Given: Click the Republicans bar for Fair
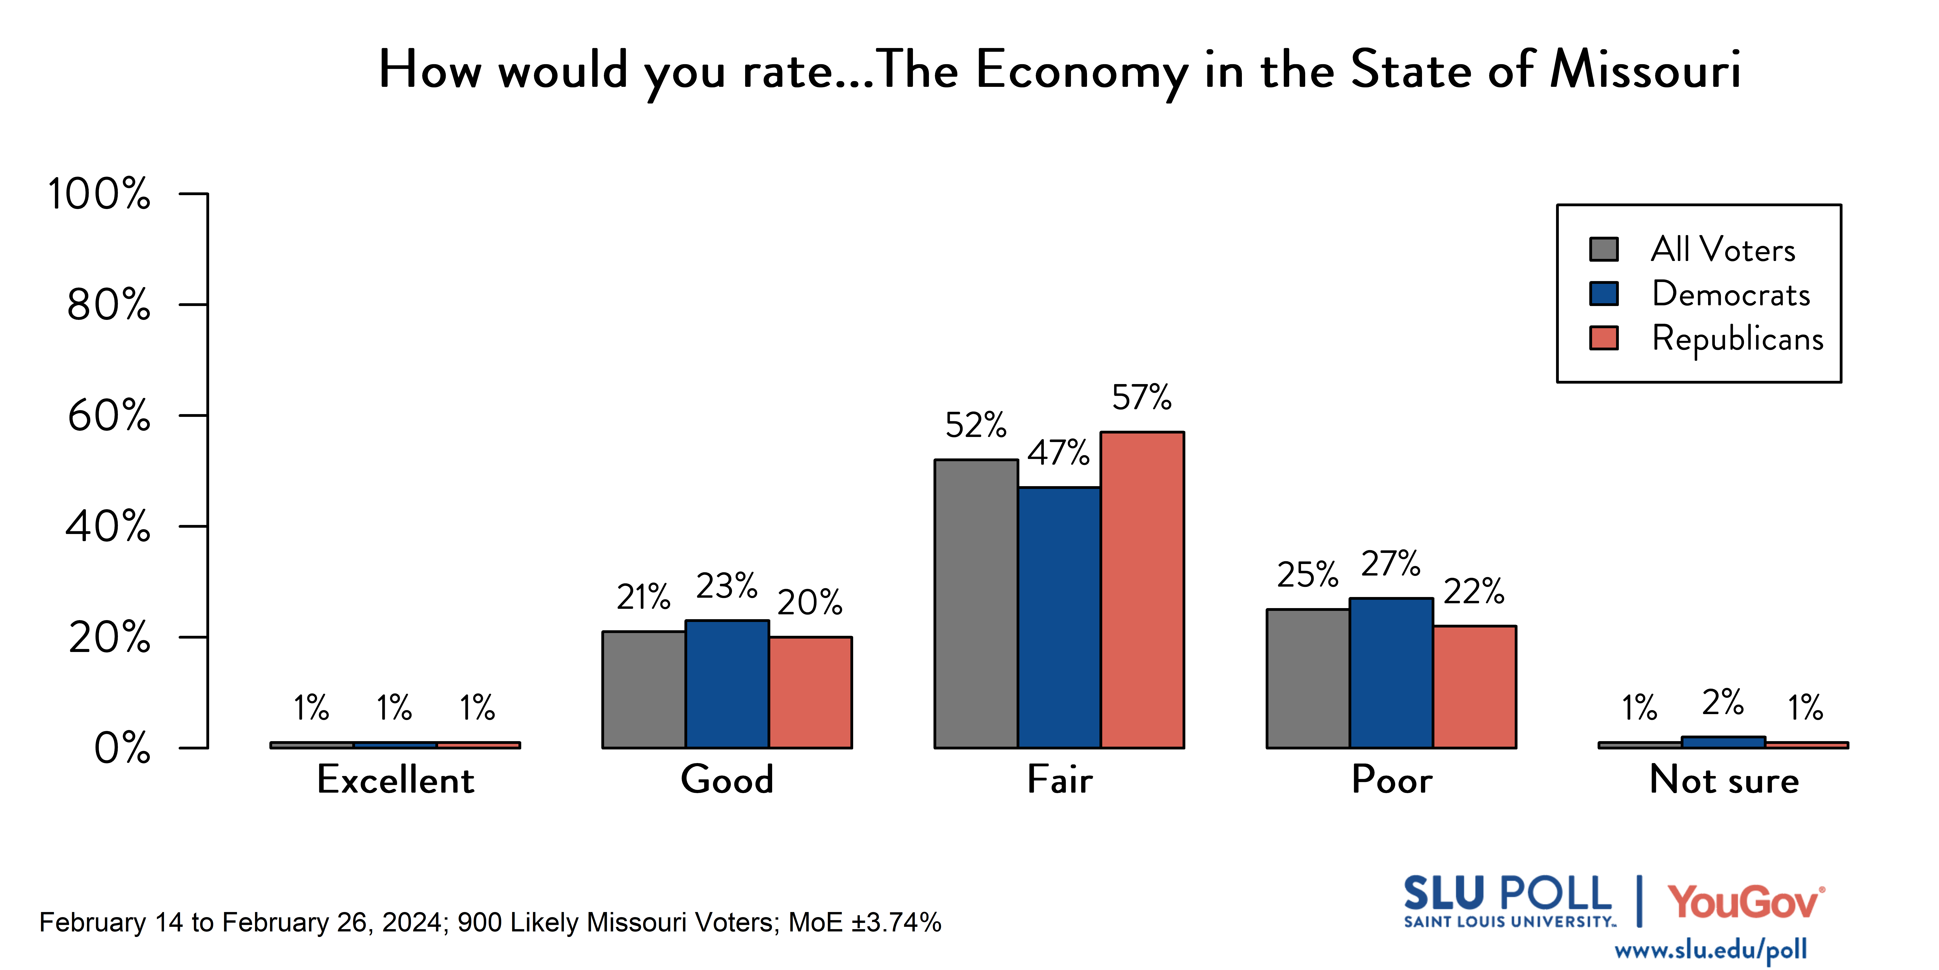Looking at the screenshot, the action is pos(1142,590).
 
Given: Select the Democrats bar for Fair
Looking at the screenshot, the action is pos(1059,618).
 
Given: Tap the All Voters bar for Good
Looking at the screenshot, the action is pos(644,690).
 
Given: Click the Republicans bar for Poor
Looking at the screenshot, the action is pos(1475,687).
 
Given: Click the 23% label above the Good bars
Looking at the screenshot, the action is pos(726,586).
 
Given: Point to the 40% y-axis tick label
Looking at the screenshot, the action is pos(108,526).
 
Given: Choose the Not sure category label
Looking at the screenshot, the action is pos(1724,779).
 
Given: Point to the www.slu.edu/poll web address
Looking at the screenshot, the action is pos(1711,950).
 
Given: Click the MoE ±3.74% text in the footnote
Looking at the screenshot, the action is pos(865,923).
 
